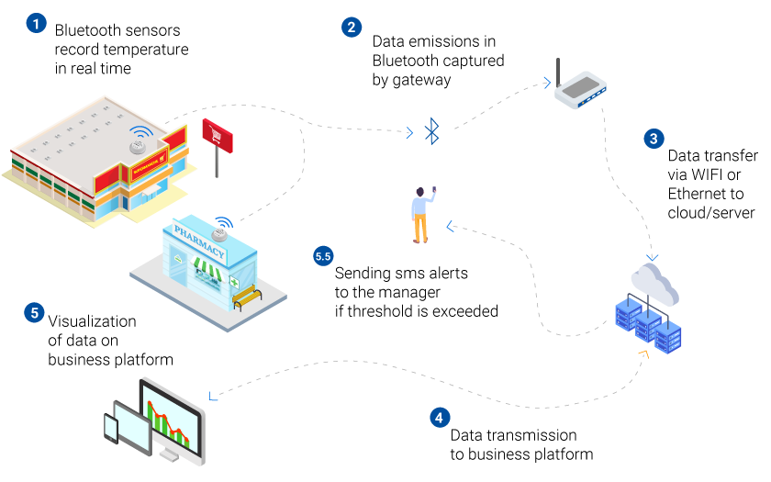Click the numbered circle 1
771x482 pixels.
[36, 23]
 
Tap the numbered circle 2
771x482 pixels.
[352, 27]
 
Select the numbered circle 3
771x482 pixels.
[654, 139]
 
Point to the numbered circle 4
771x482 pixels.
[440, 418]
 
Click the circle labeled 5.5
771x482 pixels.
[323, 256]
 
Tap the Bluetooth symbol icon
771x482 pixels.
[431, 130]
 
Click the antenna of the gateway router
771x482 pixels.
[558, 73]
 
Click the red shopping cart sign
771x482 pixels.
[218, 136]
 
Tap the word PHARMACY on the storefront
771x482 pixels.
[199, 241]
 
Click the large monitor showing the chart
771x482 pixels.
[173, 420]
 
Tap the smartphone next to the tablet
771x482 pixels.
[111, 428]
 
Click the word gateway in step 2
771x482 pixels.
[421, 80]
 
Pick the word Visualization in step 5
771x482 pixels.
[92, 321]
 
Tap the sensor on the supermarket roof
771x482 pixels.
[137, 147]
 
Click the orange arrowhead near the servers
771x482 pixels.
[644, 354]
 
